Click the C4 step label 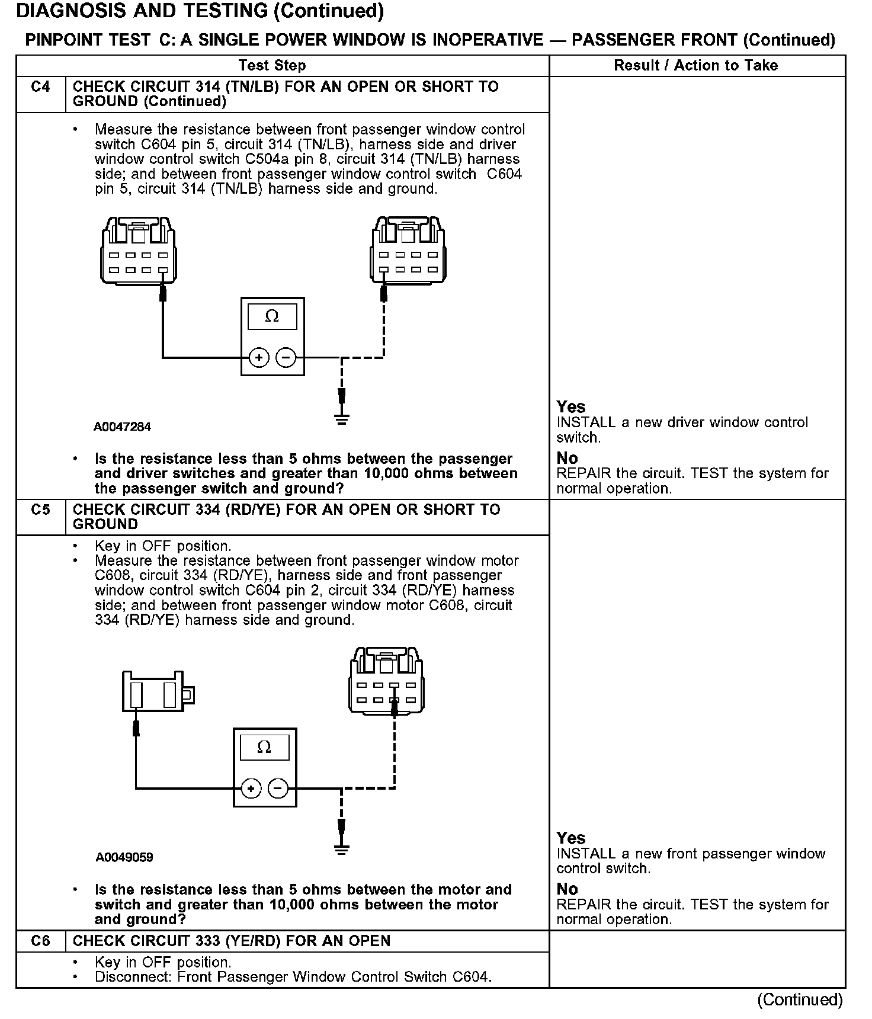click(x=40, y=88)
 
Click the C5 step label click(x=40, y=510)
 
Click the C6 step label click(x=40, y=941)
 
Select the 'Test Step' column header click(x=272, y=66)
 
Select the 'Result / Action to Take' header click(x=695, y=66)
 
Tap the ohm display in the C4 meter click(x=272, y=317)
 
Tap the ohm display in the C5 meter click(x=264, y=748)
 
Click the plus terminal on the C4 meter click(x=258, y=357)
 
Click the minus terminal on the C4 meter click(x=286, y=357)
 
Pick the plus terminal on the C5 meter click(x=251, y=789)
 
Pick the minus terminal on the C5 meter click(x=278, y=789)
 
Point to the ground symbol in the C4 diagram click(x=341, y=418)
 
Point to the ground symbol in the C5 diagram click(x=341, y=848)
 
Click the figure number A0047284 click(x=122, y=427)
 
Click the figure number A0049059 click(x=124, y=857)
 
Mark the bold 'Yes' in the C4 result click(x=570, y=407)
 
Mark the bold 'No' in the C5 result click(x=567, y=889)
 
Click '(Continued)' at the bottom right click(x=799, y=999)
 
